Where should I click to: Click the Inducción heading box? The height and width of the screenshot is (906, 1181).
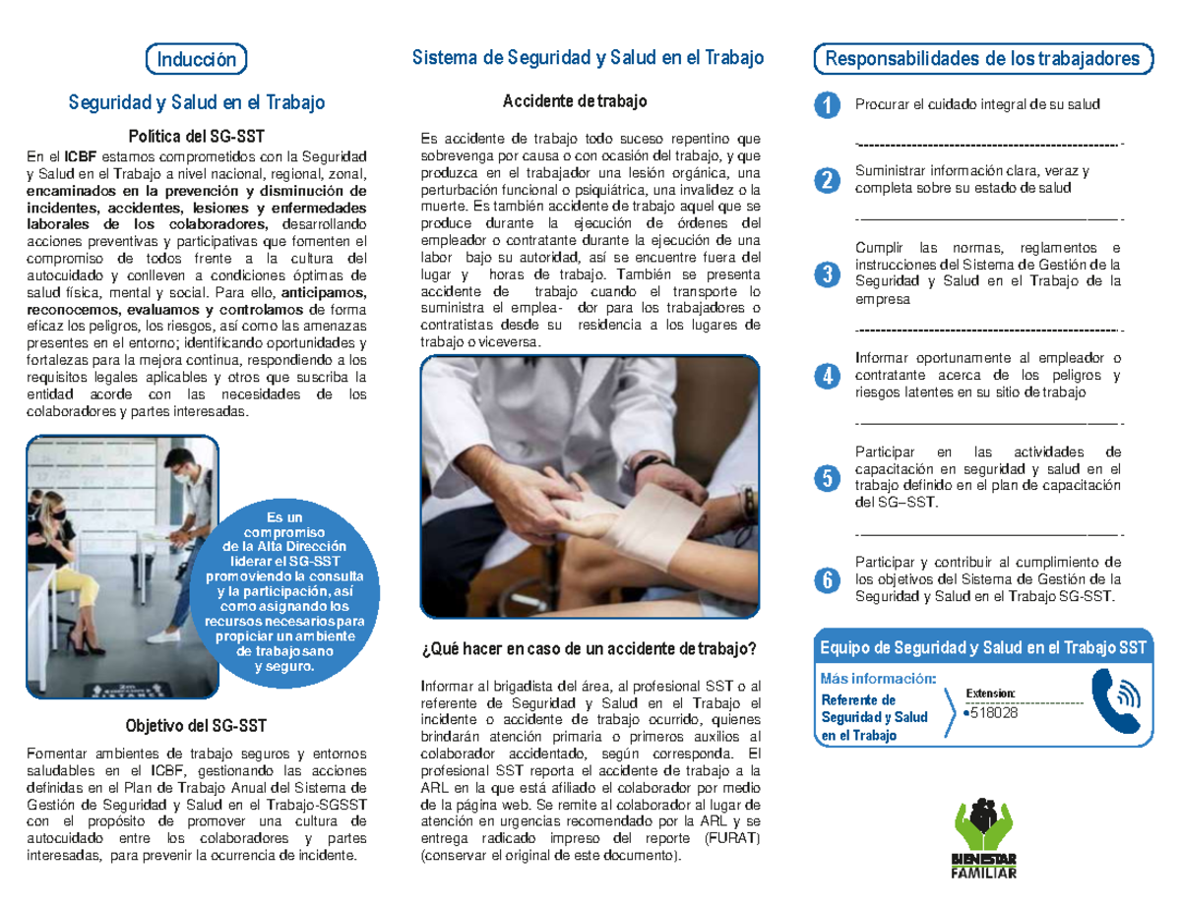(x=196, y=59)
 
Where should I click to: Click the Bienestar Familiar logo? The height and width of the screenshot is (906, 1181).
(x=983, y=837)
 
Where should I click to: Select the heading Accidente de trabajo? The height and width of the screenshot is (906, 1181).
(x=575, y=101)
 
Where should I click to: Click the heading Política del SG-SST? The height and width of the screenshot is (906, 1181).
(x=196, y=136)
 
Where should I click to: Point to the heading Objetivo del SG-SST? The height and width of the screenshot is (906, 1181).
(x=196, y=727)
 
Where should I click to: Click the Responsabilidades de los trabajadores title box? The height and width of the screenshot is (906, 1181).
(x=983, y=59)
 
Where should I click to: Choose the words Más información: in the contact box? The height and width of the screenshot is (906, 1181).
(x=878, y=678)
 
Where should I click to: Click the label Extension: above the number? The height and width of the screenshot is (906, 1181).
(x=996, y=693)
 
